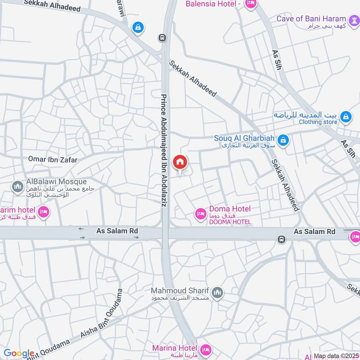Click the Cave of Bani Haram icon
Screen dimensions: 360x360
(x=353, y=19)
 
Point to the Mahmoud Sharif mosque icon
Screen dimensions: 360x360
(x=218, y=293)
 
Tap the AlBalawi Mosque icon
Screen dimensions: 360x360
(x=18, y=186)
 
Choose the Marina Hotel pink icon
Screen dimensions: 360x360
(x=206, y=349)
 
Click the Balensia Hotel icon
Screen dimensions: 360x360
(x=251, y=4)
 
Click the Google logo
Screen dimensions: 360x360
(x=18, y=353)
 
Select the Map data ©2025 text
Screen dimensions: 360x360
(x=335, y=356)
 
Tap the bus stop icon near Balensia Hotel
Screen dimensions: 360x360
(x=162, y=38)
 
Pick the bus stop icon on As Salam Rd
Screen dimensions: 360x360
(x=281, y=239)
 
